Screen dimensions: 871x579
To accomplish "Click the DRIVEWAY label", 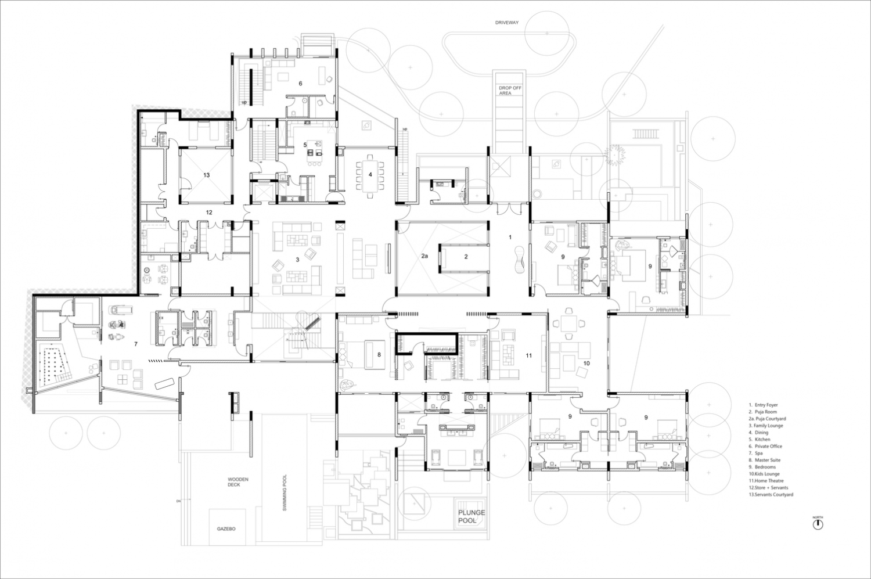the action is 507,23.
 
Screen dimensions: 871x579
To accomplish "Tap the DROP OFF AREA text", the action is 510,91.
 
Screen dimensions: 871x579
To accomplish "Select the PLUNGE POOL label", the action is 472,516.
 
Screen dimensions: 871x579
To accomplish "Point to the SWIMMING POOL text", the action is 285,492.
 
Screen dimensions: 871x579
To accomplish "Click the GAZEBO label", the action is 226,529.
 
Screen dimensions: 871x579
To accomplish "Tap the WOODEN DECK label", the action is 238,482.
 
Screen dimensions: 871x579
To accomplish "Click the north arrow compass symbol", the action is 818,524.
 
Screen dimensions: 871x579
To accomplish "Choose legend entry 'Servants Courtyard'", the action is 771,495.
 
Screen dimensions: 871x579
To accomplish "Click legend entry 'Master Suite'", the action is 765,460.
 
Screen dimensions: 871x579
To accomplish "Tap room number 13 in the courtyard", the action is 207,175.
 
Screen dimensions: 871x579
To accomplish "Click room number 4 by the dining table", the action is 370,175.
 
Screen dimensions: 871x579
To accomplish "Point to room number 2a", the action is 424,256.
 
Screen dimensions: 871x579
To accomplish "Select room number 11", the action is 529,355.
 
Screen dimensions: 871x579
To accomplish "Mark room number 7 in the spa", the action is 136,344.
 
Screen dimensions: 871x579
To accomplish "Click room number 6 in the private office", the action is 300,84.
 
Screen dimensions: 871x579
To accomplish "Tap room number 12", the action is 209,213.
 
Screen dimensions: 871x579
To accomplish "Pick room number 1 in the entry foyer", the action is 510,237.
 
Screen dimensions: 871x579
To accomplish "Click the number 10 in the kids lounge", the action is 586,363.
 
